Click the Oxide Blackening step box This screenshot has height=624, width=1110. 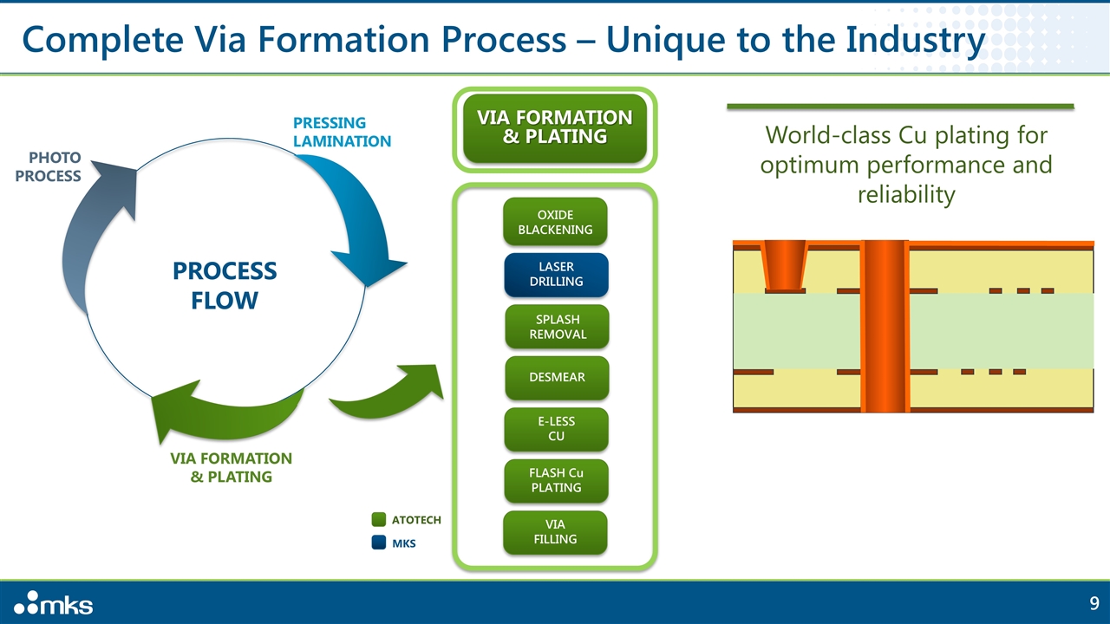click(555, 222)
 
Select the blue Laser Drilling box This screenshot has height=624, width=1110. click(556, 275)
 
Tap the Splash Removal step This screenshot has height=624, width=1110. click(557, 327)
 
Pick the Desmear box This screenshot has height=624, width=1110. click(557, 377)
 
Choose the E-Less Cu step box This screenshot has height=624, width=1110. click(556, 429)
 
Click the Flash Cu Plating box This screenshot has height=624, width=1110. click(556, 480)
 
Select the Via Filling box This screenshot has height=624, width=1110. click(555, 532)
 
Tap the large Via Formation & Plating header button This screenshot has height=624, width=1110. click(555, 127)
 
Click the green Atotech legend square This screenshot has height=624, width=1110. click(379, 519)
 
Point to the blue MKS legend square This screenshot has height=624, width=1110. click(379, 543)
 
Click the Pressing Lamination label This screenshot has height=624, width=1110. click(342, 132)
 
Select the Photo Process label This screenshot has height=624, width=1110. click(48, 166)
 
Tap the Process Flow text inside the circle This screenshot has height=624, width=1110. click(225, 285)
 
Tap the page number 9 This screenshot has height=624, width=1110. click(1094, 603)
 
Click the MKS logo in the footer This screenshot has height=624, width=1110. click(53, 602)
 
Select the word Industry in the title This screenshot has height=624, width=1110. click(915, 40)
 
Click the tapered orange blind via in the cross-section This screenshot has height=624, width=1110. click(785, 266)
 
